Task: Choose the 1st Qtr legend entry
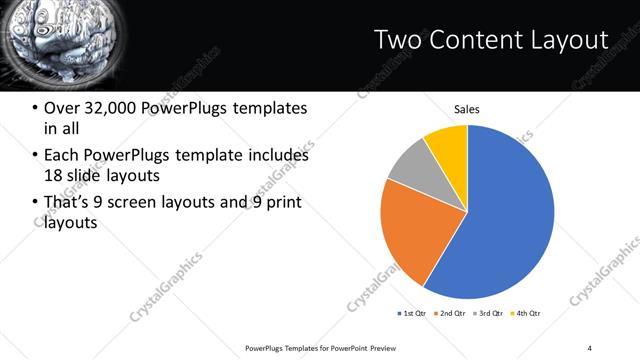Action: (x=413, y=314)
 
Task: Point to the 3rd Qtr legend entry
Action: (x=489, y=314)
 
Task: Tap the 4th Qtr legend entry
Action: (x=526, y=314)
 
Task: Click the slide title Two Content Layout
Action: (x=490, y=40)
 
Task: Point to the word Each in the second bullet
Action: (x=63, y=155)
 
